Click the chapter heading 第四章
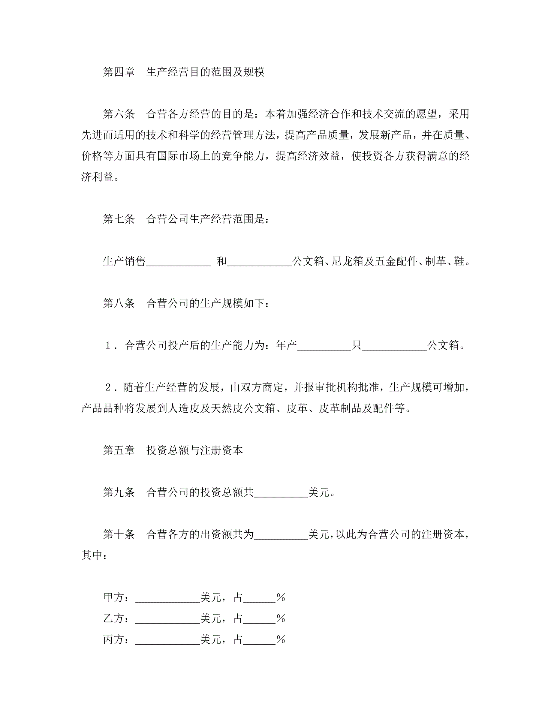(119, 72)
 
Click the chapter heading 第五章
(119, 450)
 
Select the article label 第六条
(119, 114)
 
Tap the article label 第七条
(119, 219)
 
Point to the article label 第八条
(119, 303)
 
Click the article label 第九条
(119, 492)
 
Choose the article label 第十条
(119, 534)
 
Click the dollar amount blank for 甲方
(167, 598)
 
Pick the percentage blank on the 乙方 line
(259, 619)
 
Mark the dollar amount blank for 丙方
(167, 640)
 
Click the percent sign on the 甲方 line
(281, 597)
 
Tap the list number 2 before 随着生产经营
(108, 387)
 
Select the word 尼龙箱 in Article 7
(347, 261)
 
